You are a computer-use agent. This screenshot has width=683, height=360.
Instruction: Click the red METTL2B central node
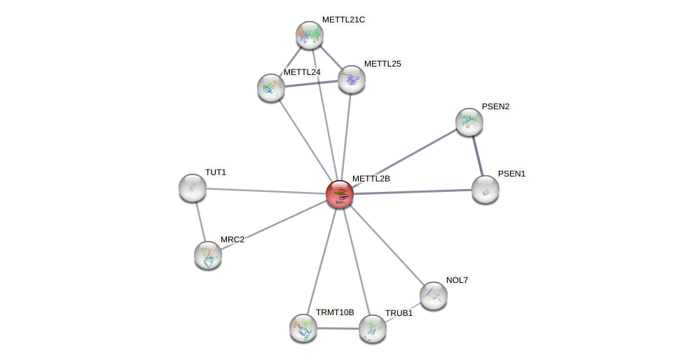(340, 194)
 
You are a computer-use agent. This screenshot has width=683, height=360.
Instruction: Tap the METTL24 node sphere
(271, 88)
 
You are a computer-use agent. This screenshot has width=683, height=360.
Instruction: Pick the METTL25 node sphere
(352, 79)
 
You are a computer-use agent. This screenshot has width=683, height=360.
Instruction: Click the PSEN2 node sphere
(469, 122)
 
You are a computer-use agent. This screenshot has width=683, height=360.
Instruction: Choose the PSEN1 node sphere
(485, 189)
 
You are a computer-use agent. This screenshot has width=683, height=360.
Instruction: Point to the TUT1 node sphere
(193, 188)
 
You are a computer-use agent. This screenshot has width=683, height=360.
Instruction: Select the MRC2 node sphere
(208, 255)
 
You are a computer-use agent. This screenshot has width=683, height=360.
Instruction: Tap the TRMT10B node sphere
(303, 328)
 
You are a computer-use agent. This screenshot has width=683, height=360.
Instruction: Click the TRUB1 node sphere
(373, 328)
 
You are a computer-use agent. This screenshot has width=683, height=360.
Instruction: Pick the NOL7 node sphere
(434, 296)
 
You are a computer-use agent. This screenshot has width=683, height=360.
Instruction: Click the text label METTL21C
(343, 20)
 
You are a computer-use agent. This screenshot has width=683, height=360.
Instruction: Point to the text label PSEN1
(511, 174)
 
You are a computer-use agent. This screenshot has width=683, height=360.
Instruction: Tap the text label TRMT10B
(335, 312)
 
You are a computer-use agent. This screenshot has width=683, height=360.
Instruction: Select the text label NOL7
(457, 280)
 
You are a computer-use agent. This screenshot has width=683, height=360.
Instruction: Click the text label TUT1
(216, 172)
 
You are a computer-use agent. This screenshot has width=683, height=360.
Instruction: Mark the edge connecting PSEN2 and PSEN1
(478, 155)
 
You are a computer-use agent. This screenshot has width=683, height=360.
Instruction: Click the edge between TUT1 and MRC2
(200, 221)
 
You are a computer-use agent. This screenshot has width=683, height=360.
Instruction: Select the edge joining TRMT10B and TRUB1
(338, 328)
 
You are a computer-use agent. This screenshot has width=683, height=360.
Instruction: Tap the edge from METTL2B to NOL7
(387, 245)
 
